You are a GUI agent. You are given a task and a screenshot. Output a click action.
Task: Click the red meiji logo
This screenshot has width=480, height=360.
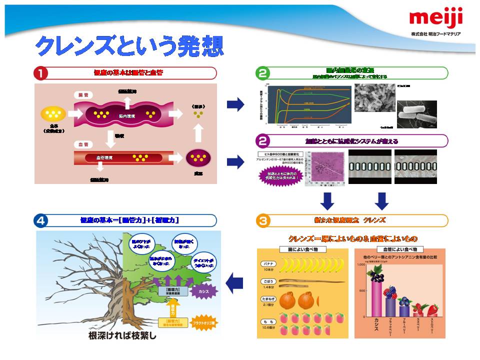click(435, 19)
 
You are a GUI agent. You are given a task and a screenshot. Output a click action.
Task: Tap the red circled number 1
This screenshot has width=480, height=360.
click(40, 73)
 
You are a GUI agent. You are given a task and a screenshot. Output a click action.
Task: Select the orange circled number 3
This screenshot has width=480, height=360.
click(263, 220)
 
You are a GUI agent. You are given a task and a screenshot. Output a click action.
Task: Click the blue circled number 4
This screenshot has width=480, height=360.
click(40, 220)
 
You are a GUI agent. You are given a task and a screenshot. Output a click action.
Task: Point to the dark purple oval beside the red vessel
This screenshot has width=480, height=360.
click(198, 159)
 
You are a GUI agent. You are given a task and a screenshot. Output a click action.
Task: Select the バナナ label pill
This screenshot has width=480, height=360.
click(267, 263)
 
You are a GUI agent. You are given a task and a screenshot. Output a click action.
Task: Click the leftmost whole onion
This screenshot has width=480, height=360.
click(288, 300)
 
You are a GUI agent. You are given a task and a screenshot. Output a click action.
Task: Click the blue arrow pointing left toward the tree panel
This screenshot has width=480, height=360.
click(234, 283)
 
